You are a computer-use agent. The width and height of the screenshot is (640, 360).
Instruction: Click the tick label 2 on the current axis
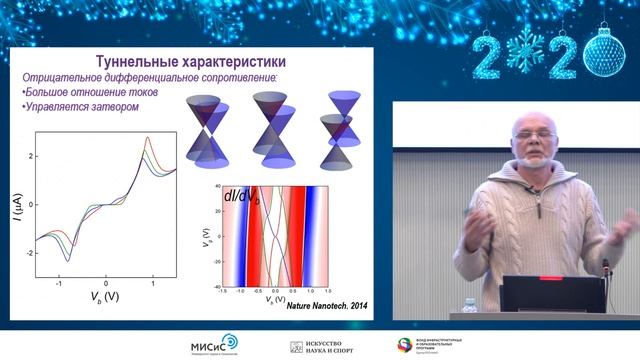[x=32, y=157]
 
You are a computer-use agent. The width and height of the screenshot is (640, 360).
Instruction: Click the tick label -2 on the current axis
[x=30, y=253]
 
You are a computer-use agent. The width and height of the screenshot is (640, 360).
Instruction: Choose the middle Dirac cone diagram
[x=272, y=127]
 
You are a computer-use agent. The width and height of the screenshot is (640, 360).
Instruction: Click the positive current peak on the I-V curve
[x=148, y=138]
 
